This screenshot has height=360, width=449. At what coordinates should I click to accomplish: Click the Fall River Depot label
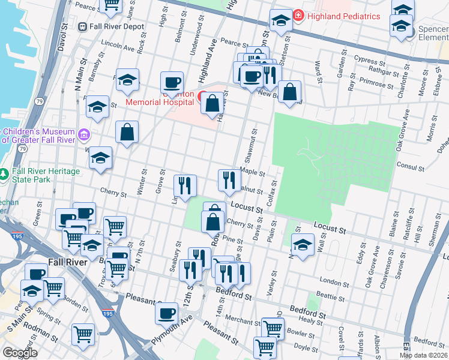117,26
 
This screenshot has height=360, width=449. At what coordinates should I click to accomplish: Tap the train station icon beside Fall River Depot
83,26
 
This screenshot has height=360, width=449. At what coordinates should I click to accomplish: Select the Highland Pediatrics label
343,16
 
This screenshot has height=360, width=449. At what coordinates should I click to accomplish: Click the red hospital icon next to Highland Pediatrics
298,15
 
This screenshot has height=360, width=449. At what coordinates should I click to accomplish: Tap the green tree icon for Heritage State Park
5,174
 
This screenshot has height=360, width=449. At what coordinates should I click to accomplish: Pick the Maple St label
252,172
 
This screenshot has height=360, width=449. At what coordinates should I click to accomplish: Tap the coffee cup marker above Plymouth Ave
167,313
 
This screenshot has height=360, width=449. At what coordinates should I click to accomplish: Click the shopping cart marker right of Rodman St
83,334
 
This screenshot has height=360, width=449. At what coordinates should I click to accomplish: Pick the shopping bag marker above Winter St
127,133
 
